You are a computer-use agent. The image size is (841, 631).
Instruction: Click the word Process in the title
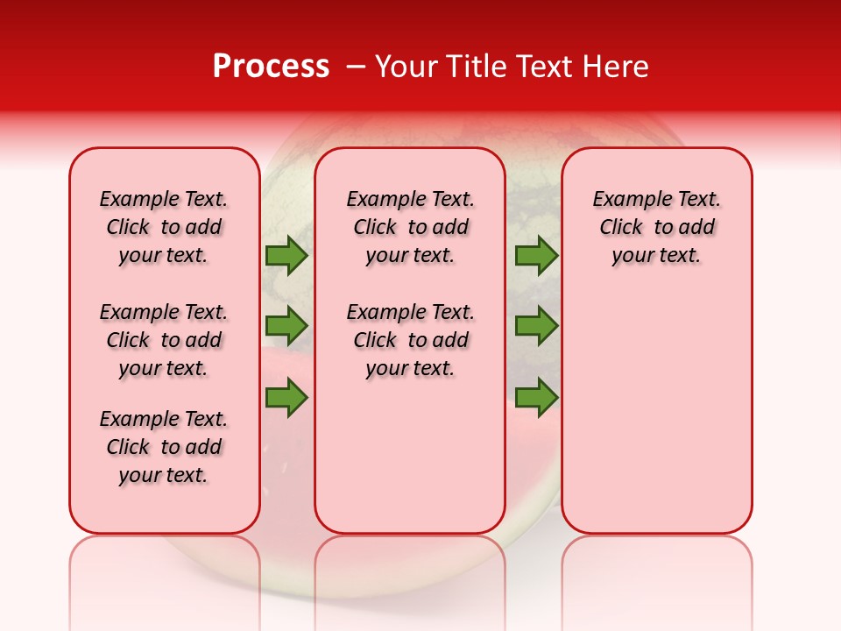coord(271,67)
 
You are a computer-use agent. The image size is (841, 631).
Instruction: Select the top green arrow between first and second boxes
coord(286,256)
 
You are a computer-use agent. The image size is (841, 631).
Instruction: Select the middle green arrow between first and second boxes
coord(286,326)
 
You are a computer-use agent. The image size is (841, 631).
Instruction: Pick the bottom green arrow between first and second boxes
coord(286,397)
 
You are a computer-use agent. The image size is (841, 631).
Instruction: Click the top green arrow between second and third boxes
coord(536,256)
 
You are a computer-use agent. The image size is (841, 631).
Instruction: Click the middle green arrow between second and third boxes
coord(536,326)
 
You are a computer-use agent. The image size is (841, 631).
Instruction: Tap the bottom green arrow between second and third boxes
coord(536,397)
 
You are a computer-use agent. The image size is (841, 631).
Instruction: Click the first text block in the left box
coord(164,227)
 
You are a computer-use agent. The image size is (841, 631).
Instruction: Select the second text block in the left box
coord(164,340)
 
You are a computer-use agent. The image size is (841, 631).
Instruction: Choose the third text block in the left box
coord(164,447)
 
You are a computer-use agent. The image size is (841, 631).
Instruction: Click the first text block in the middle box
coord(410,227)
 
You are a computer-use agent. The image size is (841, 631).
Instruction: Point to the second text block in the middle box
coord(410,340)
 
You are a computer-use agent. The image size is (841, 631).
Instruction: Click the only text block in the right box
coord(656,227)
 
